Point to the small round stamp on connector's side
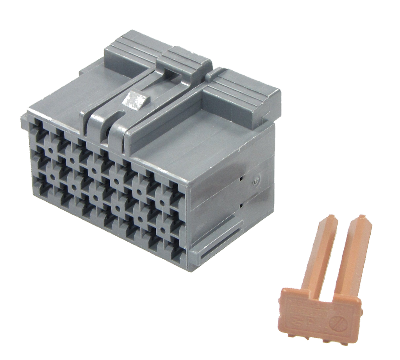coord(256,181)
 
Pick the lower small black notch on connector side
coord(242,205)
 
